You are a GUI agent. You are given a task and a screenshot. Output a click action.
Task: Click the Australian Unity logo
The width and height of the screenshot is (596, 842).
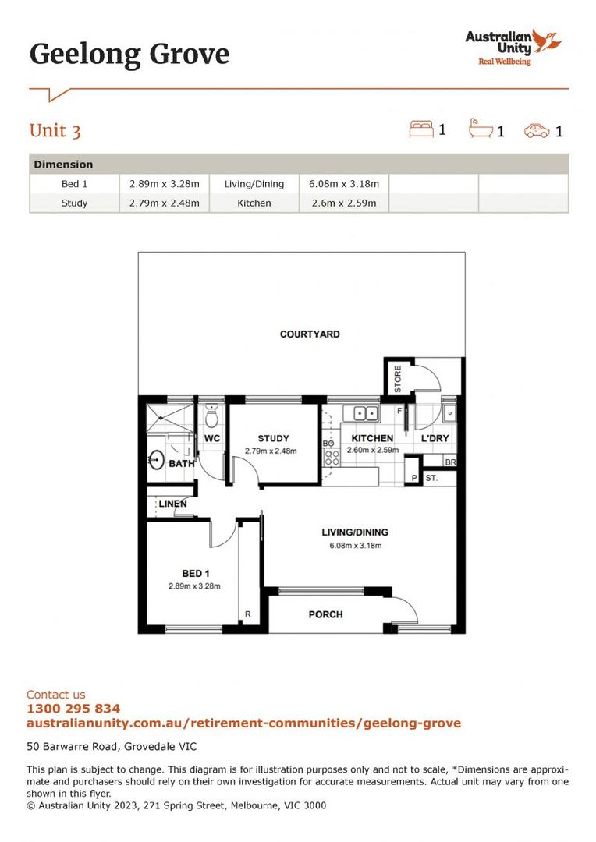(x=513, y=48)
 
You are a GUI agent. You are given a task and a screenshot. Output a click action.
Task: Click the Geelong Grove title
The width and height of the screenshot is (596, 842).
(x=129, y=55)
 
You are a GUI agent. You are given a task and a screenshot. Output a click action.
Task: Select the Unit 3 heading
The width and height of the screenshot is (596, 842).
(x=55, y=130)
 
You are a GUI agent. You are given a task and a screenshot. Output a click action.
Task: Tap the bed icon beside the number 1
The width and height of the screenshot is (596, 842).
(x=421, y=129)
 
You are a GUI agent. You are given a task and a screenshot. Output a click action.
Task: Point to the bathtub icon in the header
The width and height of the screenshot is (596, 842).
(x=481, y=129)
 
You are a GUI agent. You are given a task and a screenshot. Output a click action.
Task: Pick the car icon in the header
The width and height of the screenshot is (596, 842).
(x=537, y=130)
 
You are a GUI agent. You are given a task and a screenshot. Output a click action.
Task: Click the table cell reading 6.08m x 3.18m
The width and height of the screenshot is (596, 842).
(x=344, y=184)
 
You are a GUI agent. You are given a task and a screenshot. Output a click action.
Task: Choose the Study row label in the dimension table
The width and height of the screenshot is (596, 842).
(x=74, y=203)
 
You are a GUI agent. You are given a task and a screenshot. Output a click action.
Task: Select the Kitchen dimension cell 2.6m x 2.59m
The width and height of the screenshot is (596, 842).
(x=344, y=203)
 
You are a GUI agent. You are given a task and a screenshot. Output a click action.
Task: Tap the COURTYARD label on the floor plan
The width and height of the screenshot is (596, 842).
(x=310, y=334)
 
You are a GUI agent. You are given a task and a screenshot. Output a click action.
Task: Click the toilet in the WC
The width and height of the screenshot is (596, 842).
(x=211, y=418)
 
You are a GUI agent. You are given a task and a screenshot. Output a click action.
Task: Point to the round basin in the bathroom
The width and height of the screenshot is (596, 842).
(x=156, y=459)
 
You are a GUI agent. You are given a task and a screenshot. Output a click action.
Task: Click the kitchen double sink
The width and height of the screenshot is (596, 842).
(x=365, y=413)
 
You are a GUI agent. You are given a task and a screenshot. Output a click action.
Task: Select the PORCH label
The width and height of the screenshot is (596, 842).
(x=325, y=614)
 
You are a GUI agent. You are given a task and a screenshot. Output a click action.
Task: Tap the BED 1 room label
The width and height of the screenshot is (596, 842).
(x=195, y=573)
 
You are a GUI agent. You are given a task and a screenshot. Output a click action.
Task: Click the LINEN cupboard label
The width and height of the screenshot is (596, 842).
(x=172, y=504)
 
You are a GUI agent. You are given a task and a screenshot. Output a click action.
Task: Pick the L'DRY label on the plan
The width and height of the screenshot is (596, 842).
(x=435, y=438)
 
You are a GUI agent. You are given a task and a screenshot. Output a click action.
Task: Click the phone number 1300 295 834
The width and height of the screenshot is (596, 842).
(x=73, y=709)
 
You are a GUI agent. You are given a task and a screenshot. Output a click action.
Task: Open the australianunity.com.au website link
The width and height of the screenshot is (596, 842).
(x=243, y=723)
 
